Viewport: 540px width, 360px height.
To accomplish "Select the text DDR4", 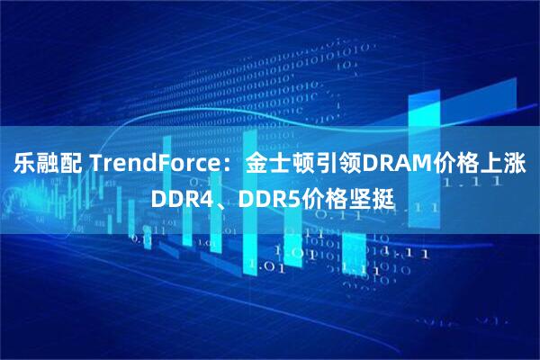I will (179, 196).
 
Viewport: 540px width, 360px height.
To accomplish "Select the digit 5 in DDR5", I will (286, 196).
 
